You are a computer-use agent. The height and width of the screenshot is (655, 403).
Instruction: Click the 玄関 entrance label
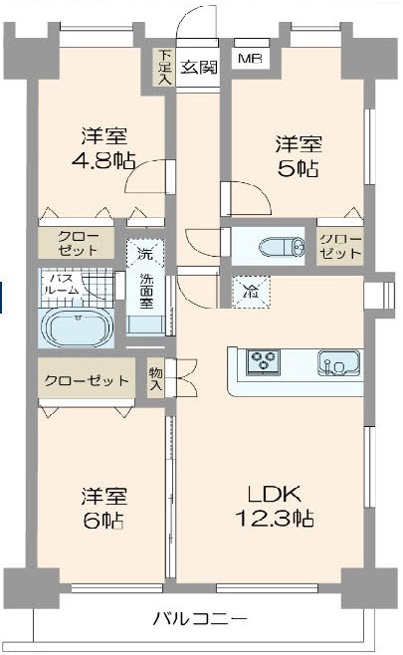pos(199,68)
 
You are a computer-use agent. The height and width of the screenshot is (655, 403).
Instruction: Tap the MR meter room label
pos(250,59)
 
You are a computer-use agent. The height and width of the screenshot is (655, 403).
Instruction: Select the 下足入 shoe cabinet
pos(165,68)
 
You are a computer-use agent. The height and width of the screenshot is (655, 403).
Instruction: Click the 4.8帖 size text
pos(103,160)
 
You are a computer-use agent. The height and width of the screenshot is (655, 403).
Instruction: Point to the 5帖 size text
pos(299,168)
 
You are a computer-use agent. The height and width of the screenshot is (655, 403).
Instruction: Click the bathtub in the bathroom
pos(78,328)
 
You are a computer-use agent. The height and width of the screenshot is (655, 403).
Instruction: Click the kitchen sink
pos(338,362)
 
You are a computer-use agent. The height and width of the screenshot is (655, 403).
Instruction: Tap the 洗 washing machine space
pos(145,253)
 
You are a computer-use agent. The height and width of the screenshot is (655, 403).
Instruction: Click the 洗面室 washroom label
pos(146,291)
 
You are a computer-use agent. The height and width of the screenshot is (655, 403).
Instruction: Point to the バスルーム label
pos(62,285)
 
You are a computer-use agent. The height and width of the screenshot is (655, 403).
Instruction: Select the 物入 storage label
pos(156,379)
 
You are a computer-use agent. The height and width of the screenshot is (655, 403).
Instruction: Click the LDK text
pos(275,494)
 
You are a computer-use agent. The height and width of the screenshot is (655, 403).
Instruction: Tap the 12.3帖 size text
pos(275,518)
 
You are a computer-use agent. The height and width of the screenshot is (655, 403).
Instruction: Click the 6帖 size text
pos(103,520)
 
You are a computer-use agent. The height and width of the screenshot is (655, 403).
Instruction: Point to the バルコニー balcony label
pos(200,618)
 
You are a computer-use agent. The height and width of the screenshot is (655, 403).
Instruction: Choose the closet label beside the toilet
pos(340,247)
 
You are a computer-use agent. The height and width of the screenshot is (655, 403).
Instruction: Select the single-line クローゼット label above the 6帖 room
pos(87,380)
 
